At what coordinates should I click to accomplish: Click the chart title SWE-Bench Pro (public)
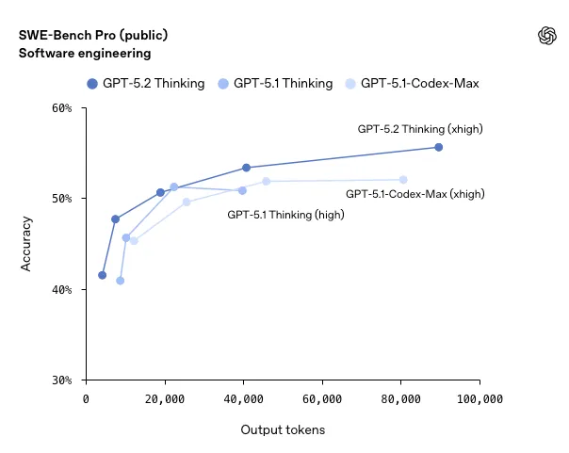tap(93, 35)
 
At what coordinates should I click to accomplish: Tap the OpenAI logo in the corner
tap(546, 36)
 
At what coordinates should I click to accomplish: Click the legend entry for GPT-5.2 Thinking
tap(145, 83)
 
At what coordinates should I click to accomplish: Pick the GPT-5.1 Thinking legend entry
tap(274, 83)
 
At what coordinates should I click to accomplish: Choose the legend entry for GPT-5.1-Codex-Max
tap(412, 83)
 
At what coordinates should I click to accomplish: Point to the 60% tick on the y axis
tap(60, 108)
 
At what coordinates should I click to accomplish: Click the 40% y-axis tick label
tap(60, 290)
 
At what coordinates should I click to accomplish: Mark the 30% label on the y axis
tap(60, 380)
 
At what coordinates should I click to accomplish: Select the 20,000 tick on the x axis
tap(165, 399)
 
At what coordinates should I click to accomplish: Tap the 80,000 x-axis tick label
tap(400, 399)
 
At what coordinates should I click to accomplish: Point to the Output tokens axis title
tap(283, 430)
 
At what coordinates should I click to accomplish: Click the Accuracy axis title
tap(26, 244)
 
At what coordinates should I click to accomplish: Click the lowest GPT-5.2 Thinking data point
tap(102, 275)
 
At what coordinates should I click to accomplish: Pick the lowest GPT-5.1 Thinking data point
tap(120, 281)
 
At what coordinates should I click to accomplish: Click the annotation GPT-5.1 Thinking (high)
tap(285, 215)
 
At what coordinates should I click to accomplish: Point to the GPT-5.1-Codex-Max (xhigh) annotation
tap(415, 193)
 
